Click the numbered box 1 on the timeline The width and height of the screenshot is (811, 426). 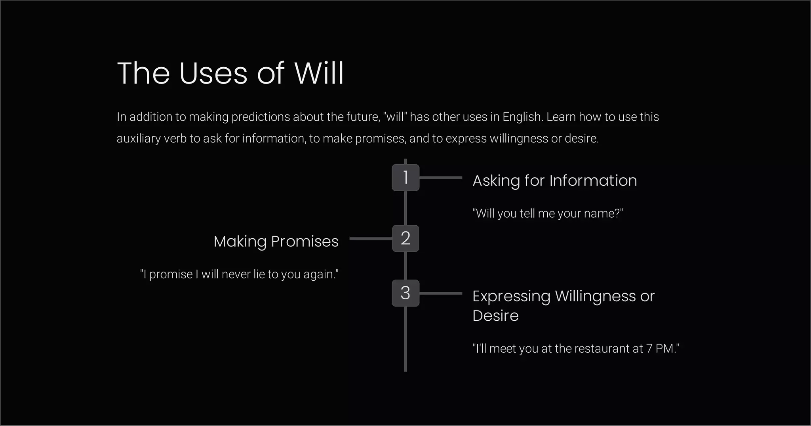point(405,177)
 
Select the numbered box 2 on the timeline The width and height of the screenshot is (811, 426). point(405,238)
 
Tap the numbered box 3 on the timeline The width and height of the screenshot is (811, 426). point(405,293)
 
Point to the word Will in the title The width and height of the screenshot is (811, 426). point(319,74)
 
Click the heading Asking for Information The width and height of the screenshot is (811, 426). point(555,181)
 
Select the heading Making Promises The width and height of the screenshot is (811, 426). point(276,242)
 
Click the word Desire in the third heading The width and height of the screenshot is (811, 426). point(495,316)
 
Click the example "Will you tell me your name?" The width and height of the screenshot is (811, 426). point(548,213)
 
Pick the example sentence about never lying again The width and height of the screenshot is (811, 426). point(240,274)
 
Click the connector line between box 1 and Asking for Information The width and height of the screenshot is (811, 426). point(441,178)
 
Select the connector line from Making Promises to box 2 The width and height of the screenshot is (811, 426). point(371,238)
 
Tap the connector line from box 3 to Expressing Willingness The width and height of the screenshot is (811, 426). point(441,293)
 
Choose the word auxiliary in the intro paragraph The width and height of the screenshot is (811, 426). point(139,139)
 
